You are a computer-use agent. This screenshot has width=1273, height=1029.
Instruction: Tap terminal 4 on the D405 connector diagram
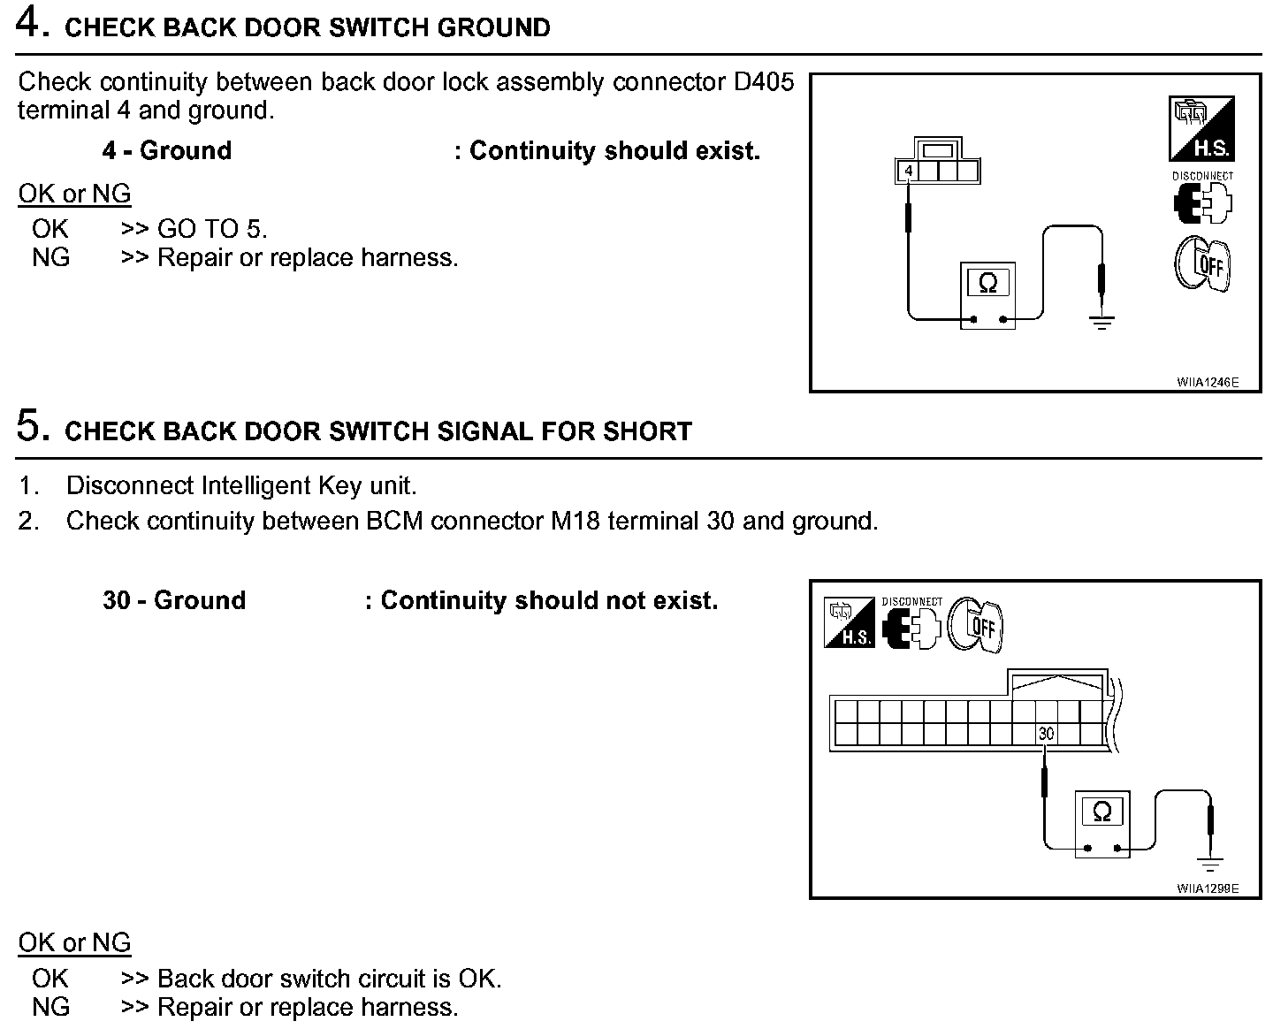(x=908, y=170)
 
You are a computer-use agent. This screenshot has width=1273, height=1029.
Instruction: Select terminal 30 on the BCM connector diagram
(x=1047, y=733)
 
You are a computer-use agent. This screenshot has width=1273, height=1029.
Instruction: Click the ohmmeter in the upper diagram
(x=988, y=295)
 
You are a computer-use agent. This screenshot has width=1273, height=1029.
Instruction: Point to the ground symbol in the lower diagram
(x=1210, y=863)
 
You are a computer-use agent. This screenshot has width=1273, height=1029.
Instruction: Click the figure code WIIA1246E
(x=1208, y=383)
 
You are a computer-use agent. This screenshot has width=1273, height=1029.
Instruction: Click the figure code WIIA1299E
(x=1208, y=888)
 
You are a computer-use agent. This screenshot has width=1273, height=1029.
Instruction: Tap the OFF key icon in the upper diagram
(x=1202, y=264)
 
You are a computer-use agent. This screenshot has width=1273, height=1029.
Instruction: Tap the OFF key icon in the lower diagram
(x=975, y=626)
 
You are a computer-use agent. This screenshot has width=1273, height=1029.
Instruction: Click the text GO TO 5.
(x=212, y=229)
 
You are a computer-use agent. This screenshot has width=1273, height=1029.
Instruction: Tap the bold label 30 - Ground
(x=174, y=600)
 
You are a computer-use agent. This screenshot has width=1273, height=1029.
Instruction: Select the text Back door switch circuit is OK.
(x=329, y=979)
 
